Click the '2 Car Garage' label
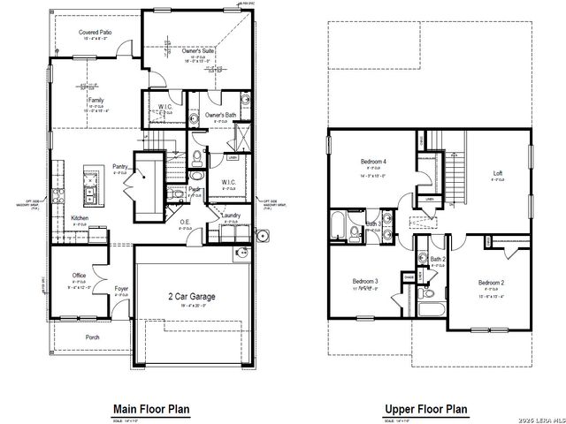pos(192,297)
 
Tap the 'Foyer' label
pos(122,287)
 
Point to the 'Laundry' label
pos(232,215)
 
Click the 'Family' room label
pos(95,101)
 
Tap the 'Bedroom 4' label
pos(373,163)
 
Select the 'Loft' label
pos(497,172)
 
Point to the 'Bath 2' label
pos(437,260)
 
